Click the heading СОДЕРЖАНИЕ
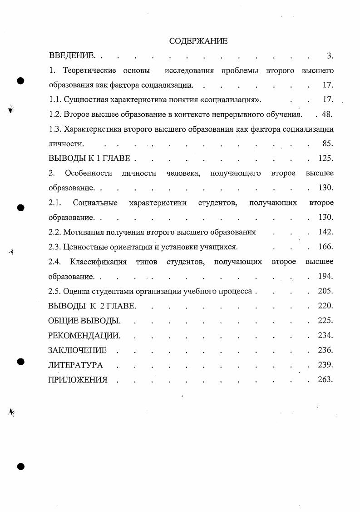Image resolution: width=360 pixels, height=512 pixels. (x=198, y=41)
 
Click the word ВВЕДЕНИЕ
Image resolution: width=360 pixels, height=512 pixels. (x=71, y=56)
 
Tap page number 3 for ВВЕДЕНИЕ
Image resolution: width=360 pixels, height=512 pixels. (x=330, y=56)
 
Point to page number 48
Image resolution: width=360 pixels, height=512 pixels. (x=326, y=114)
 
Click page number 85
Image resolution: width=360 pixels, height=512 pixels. (x=326, y=144)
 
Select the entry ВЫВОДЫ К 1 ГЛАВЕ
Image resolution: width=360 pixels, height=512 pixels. (x=89, y=159)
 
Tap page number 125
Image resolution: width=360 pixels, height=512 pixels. (x=325, y=159)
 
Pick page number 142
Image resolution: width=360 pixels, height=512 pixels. (x=325, y=232)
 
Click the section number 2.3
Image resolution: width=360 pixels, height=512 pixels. (x=54, y=247)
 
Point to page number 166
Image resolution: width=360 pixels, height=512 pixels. (x=325, y=247)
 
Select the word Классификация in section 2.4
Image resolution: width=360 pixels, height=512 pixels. (x=97, y=262)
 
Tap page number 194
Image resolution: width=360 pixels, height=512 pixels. (x=325, y=276)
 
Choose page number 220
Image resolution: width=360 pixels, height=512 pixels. (x=325, y=306)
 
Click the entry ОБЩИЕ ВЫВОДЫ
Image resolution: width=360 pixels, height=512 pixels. (x=84, y=321)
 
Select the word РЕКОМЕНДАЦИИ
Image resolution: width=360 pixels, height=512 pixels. (x=84, y=336)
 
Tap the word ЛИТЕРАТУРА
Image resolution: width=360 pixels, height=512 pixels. (x=75, y=365)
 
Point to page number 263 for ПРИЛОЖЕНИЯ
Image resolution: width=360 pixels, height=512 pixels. (x=325, y=379)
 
